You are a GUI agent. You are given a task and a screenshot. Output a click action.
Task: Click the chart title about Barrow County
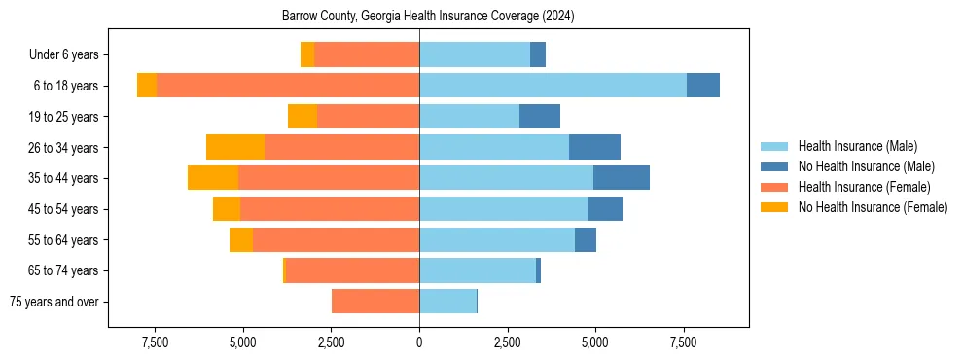[x=428, y=17]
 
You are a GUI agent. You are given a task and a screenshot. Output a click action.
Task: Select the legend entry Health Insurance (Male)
[x=857, y=146]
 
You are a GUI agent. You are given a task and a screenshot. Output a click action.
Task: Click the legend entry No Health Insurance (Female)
[x=873, y=207]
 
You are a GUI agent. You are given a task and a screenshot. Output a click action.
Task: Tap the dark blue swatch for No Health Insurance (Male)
[x=774, y=166]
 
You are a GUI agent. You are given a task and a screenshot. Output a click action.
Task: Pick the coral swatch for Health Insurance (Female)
[x=774, y=187]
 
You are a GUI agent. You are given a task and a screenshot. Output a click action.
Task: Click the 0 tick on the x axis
[x=419, y=342]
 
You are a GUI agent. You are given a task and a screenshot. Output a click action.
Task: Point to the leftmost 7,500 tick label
[x=156, y=342]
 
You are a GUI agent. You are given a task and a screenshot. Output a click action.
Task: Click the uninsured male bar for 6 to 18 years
[x=703, y=86]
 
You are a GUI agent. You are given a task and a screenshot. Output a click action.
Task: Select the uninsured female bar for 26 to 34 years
[x=235, y=147]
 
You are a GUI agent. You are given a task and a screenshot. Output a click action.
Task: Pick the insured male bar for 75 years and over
[x=447, y=302]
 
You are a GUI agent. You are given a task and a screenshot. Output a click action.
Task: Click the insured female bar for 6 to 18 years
[x=288, y=86]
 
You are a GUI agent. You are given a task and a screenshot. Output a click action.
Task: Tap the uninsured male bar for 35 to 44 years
[x=622, y=178]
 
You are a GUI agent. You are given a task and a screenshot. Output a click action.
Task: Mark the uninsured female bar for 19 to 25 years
[x=303, y=117]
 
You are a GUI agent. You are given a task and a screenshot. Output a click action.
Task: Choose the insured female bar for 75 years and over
[x=375, y=302]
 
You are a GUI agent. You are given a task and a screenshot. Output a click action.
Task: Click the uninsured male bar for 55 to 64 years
[x=586, y=239]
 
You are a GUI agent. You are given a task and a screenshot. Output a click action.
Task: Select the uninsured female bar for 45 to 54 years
[x=227, y=209]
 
